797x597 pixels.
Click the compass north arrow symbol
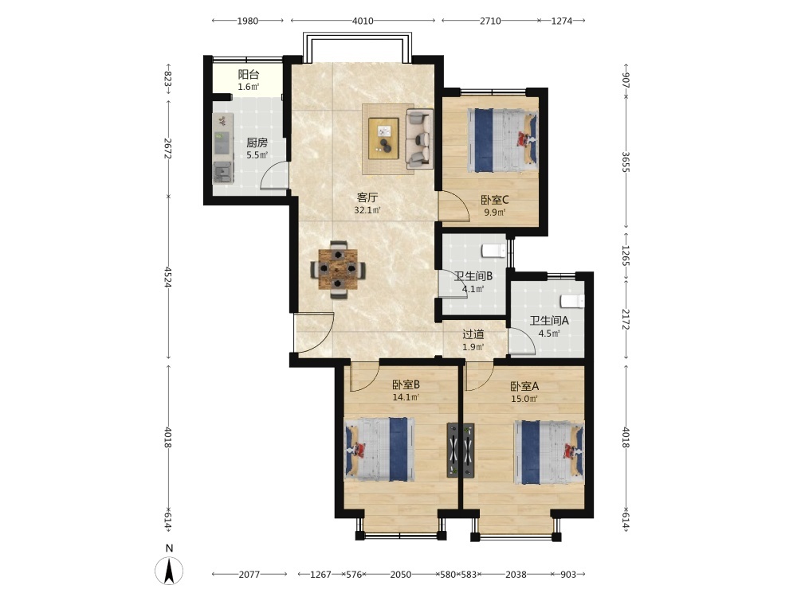[x=169, y=570]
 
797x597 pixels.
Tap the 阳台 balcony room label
[x=249, y=75]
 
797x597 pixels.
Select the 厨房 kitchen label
[x=257, y=142]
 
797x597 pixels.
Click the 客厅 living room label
[x=367, y=197]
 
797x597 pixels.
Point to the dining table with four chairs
[x=338, y=269]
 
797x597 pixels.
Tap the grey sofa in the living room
[x=419, y=139]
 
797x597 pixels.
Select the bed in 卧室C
[x=502, y=140]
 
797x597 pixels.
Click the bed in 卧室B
[x=379, y=449]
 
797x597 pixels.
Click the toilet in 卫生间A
[x=572, y=301]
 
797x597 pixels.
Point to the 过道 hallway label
[x=473, y=334]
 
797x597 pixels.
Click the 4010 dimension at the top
[x=363, y=21]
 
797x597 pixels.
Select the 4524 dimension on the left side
[x=167, y=276]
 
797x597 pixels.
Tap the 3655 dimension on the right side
[x=626, y=162]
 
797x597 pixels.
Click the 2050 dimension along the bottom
[x=401, y=575]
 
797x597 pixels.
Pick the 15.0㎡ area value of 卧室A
[x=524, y=399]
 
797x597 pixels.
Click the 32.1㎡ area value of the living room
[x=367, y=210]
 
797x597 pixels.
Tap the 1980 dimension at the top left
[x=248, y=21]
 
